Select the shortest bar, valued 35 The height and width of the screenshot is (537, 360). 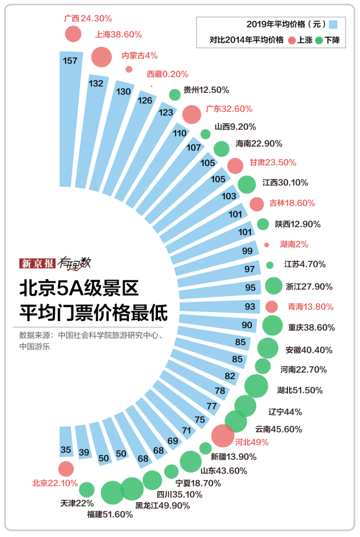[66, 451]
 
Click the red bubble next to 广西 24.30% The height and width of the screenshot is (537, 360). [73, 34]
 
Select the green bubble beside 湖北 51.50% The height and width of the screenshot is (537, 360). [256, 386]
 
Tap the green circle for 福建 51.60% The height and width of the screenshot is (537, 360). [112, 493]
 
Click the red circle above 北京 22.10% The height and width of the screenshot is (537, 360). [66, 469]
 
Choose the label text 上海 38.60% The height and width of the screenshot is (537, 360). [118, 34]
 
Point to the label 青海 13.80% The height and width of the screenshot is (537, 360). [307, 307]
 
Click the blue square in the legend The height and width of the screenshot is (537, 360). [334, 24]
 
